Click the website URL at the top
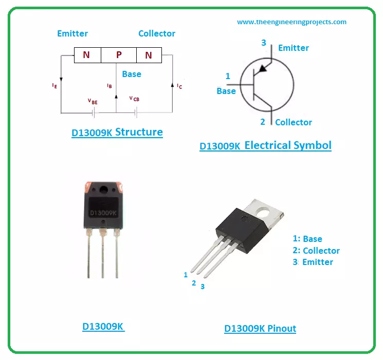point(291,22)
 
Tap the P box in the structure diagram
point(119,55)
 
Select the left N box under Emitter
point(87,55)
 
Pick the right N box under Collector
point(149,55)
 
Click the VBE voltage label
point(93,102)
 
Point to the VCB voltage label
point(134,98)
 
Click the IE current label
point(54,86)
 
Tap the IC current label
point(179,86)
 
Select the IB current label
point(109,86)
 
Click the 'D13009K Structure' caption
point(117,132)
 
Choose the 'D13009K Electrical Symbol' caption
point(265,145)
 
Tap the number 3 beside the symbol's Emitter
point(264,43)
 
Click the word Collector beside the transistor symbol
point(293,122)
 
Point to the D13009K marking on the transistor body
point(103,212)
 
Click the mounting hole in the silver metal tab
point(265,211)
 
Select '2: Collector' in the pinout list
point(316,251)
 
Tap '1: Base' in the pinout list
point(307,239)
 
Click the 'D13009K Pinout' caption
point(260,329)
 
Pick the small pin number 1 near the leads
point(186,275)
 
